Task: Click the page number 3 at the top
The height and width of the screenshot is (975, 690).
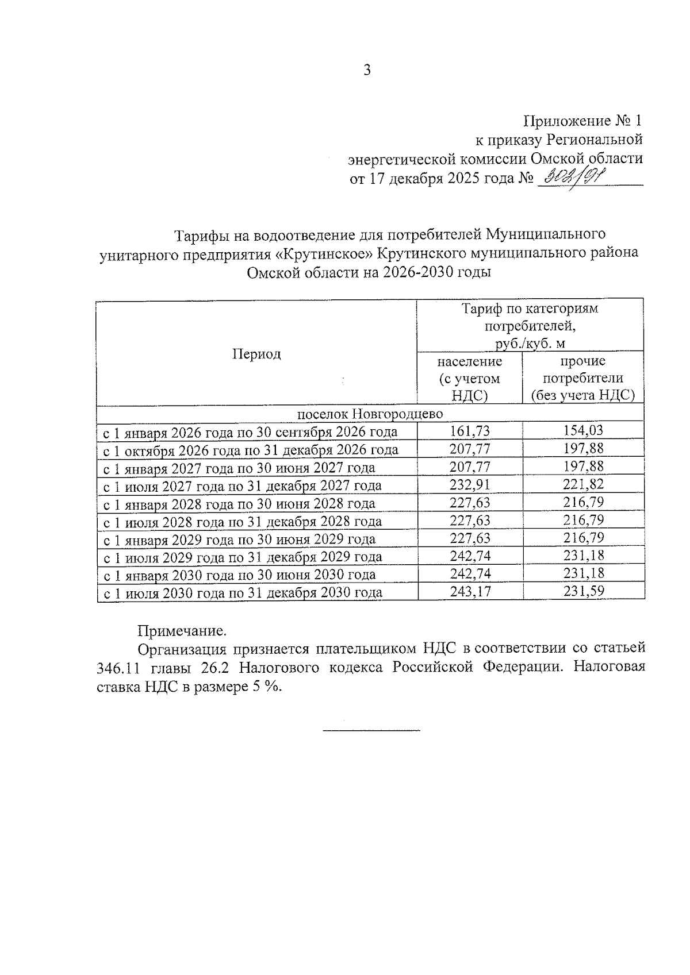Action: (367, 71)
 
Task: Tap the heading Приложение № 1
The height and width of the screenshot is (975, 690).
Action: (582, 121)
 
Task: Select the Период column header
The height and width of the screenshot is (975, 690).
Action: (256, 354)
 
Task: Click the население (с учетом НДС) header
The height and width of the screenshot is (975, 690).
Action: (469, 379)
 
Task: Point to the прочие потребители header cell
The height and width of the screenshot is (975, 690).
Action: (583, 379)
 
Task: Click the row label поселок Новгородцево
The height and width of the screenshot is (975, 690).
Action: (370, 414)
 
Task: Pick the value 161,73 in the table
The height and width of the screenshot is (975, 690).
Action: (469, 431)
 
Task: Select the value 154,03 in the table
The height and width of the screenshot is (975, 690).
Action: (583, 431)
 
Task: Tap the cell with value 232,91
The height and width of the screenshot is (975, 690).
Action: (469, 485)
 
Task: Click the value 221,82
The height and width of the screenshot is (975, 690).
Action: (583, 485)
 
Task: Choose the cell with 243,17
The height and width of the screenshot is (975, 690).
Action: (469, 592)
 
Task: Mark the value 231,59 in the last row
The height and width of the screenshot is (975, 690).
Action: (583, 592)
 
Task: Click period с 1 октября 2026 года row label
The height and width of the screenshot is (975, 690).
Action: (250, 449)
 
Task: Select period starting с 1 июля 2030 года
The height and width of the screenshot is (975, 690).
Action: (242, 592)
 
